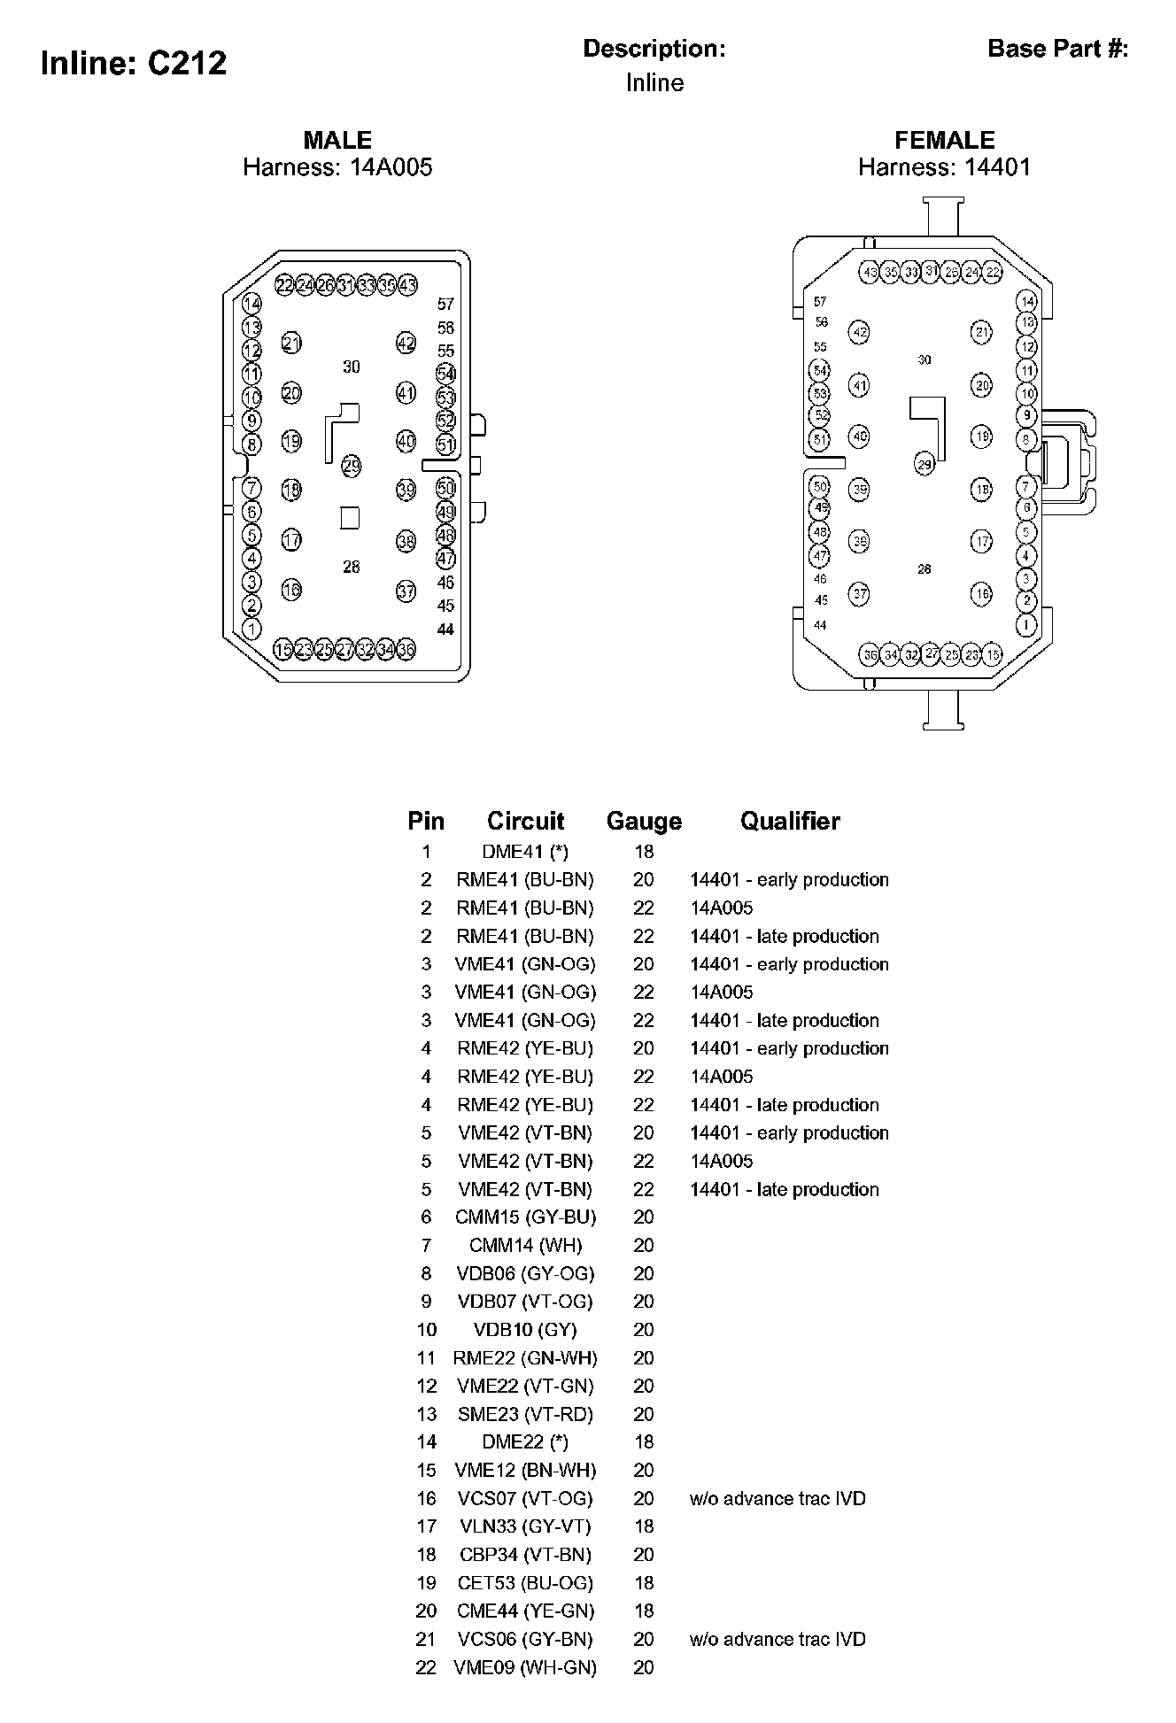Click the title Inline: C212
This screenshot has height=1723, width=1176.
click(134, 63)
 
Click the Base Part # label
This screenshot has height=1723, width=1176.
click(1057, 49)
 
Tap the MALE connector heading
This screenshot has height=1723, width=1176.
click(337, 140)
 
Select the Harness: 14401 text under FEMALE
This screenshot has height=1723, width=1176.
click(944, 167)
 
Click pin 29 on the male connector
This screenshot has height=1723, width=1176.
click(352, 466)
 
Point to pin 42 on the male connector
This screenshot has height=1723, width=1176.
click(406, 344)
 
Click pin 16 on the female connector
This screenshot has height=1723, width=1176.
click(981, 594)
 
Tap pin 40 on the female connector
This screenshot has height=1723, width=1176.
click(859, 437)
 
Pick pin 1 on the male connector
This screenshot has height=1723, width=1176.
click(251, 629)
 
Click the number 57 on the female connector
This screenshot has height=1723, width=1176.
click(820, 302)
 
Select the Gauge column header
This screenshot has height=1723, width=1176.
click(644, 821)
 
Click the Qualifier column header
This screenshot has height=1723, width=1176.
click(790, 821)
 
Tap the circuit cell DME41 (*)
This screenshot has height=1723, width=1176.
click(525, 852)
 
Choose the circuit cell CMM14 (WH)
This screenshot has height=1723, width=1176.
click(525, 1246)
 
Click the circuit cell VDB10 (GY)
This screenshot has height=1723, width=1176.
click(525, 1330)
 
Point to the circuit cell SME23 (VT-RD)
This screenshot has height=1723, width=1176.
click(525, 1414)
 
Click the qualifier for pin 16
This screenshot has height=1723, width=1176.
click(778, 1499)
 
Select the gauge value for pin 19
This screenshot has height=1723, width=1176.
click(644, 1583)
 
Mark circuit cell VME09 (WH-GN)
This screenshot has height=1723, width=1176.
click(525, 1667)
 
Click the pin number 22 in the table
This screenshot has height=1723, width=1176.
click(426, 1667)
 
